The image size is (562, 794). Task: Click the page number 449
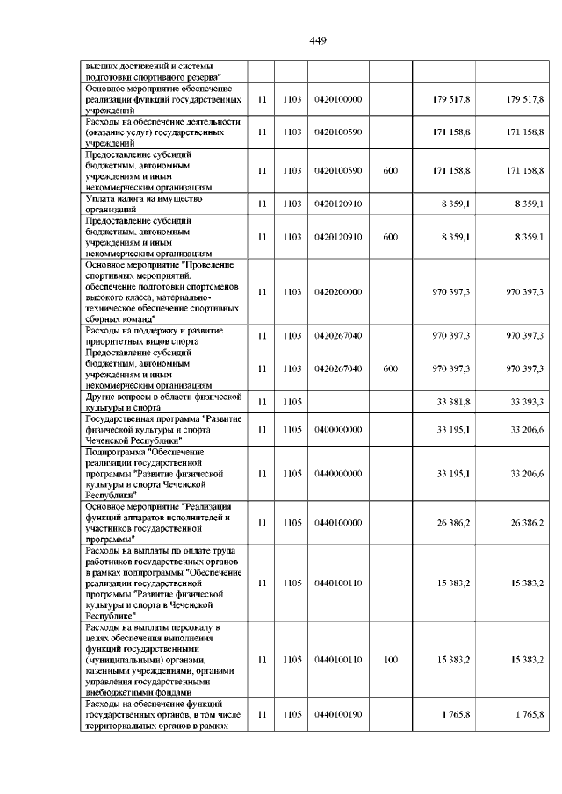coord(318,39)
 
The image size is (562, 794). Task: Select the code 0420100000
coord(337,101)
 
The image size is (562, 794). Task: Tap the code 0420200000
coord(337,291)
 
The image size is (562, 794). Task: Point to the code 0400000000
coord(337,429)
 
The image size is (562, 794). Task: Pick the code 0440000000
coord(337,474)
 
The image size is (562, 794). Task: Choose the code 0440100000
coord(337,523)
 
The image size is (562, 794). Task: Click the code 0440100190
coord(337,714)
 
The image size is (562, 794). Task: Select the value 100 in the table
coord(391,658)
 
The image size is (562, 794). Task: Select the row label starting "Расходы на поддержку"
coord(153,335)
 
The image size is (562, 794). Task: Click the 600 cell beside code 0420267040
coord(391,369)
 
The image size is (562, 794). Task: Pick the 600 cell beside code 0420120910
coord(391,237)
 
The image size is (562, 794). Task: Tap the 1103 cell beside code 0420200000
coord(292,291)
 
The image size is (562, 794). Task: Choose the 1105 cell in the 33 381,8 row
coord(292,402)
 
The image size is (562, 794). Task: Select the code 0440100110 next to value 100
coord(337,658)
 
